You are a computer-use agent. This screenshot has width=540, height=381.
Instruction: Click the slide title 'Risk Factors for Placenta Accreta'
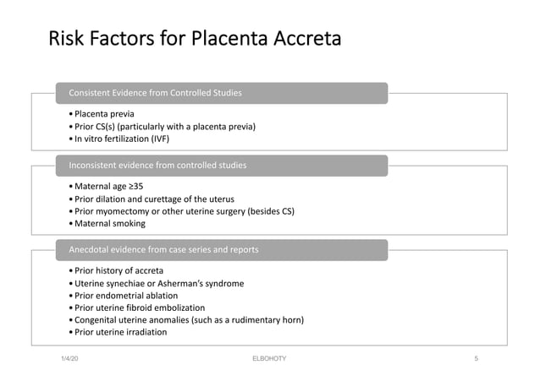click(195, 39)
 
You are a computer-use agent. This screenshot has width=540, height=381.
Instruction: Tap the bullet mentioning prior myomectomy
click(184, 211)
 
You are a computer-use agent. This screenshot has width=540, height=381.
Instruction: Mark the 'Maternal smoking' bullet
click(109, 224)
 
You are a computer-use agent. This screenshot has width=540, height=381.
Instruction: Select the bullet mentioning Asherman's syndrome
click(158, 284)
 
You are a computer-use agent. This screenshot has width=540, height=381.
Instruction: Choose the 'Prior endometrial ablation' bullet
click(126, 296)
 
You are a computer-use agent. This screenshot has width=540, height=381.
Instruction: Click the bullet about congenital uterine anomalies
click(188, 320)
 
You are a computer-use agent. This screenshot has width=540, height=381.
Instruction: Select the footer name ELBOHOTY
click(269, 359)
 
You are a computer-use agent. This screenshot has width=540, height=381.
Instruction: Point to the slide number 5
click(476, 359)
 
